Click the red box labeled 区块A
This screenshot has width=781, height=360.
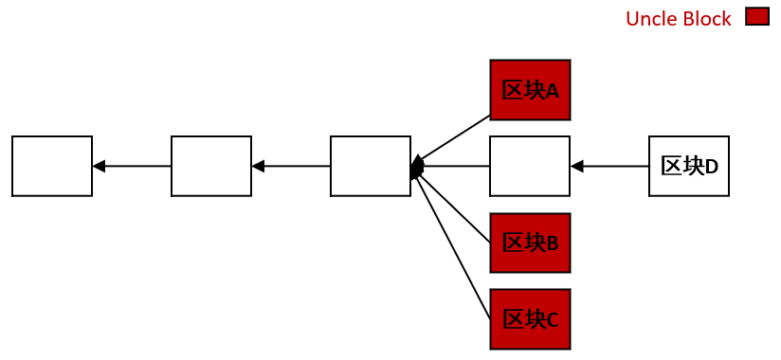coord(530,90)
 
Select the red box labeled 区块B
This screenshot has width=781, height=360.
coord(530,243)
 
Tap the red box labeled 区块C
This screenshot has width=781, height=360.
coord(530,319)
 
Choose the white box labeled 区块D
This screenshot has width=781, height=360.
coord(689,166)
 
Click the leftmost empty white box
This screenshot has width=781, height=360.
coord(52,166)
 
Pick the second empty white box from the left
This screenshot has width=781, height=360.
coord(211,166)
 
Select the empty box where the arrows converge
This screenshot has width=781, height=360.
coord(371,166)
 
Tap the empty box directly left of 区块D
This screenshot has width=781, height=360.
coord(530,166)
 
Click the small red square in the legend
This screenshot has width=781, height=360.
coord(757,17)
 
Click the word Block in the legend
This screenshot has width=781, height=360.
coord(707,19)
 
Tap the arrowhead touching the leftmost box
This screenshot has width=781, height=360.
coord(99,166)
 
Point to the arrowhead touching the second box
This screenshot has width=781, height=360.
coord(258,166)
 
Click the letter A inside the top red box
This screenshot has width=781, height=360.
coord(552,91)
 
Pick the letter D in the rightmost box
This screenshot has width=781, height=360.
coord(712,167)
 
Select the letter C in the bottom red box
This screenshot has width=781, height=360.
coord(552,320)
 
